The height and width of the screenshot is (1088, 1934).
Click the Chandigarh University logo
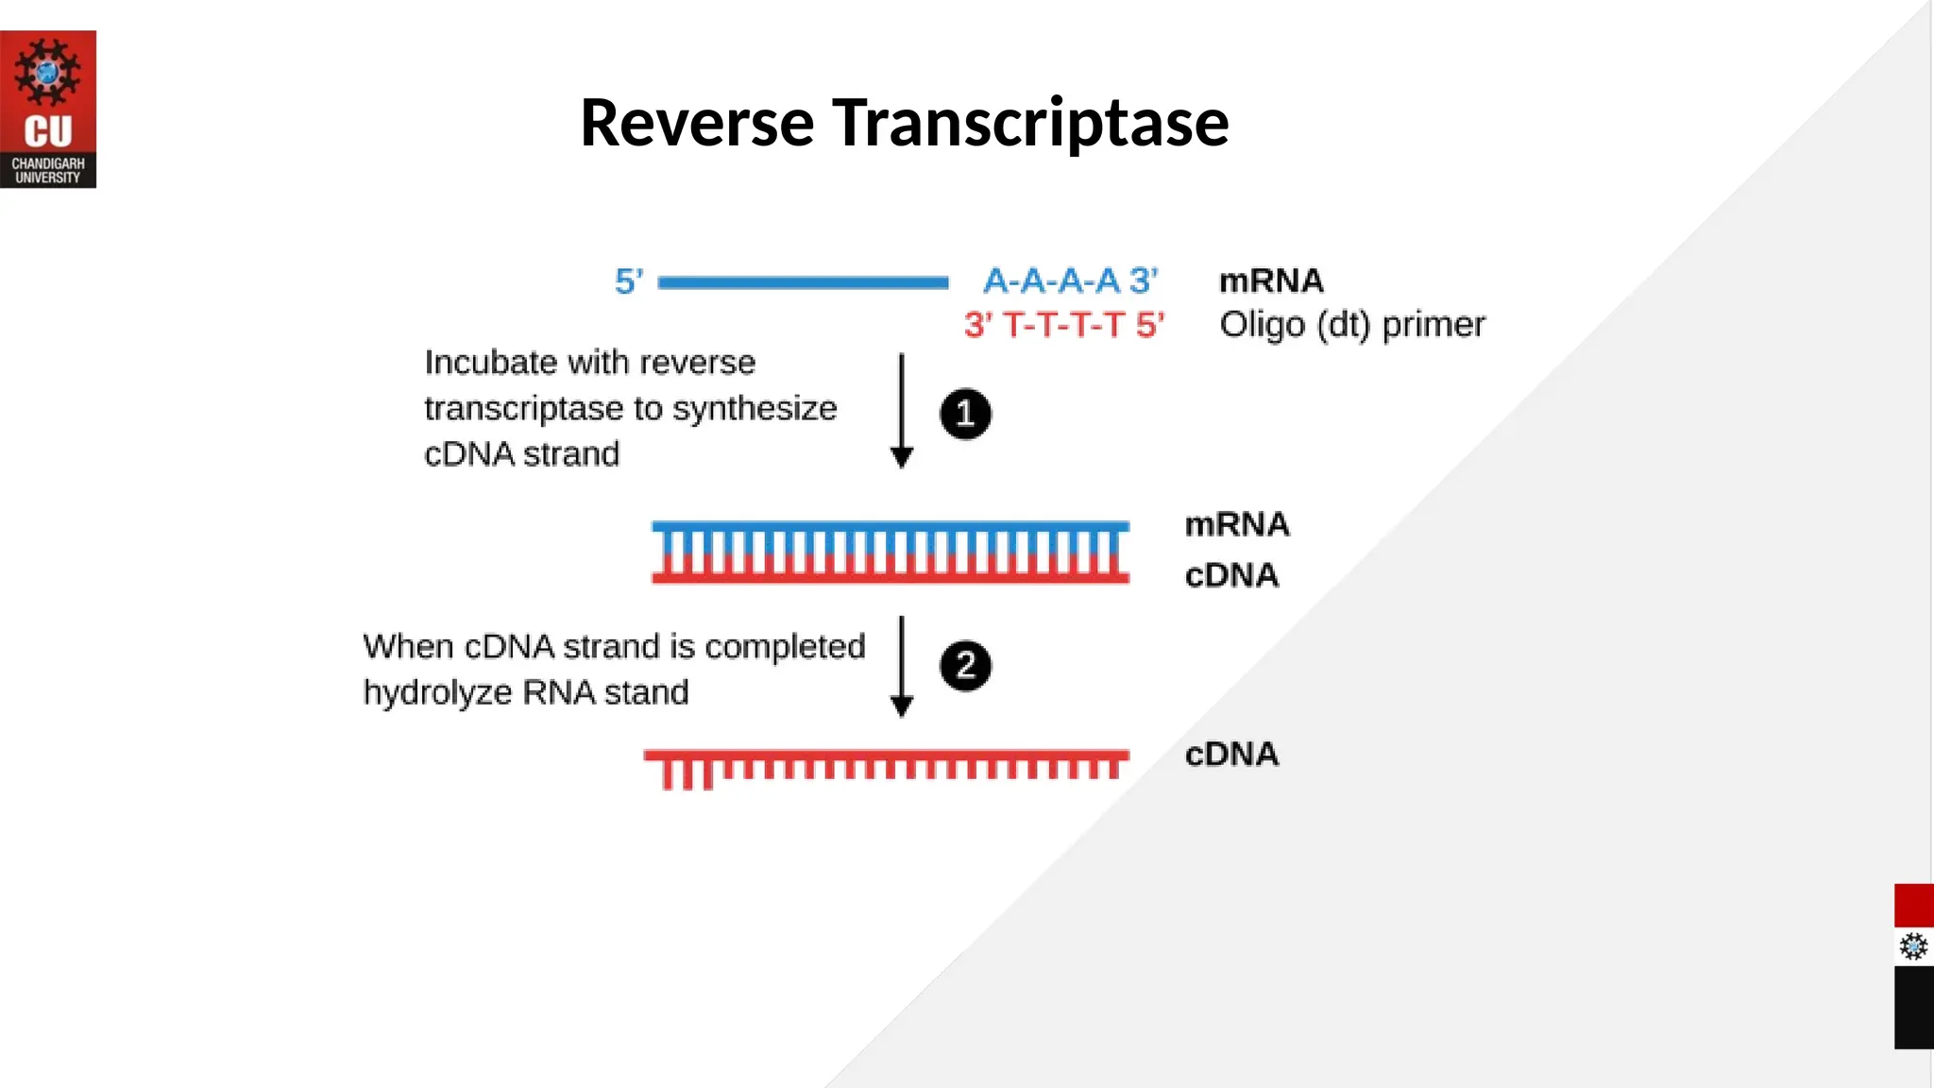tap(48, 109)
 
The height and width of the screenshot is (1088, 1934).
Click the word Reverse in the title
tap(696, 123)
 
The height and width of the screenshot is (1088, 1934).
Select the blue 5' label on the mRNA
tap(629, 280)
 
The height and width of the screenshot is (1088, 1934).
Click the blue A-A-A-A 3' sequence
tap(1070, 280)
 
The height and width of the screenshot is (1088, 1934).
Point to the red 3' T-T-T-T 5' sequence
tap(1064, 325)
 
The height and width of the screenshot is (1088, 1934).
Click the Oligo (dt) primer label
tap(1351, 325)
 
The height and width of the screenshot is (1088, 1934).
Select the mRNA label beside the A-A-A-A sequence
tap(1271, 280)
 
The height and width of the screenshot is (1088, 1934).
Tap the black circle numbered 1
tap(965, 414)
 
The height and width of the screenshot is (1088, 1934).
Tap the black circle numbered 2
tap(965, 666)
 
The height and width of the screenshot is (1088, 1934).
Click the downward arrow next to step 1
tap(902, 411)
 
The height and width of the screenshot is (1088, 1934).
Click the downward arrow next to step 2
tap(902, 666)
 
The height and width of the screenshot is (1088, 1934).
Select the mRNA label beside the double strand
tap(1236, 524)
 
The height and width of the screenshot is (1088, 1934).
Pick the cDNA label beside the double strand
tap(1231, 575)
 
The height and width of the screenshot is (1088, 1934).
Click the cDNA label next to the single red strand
tap(1231, 754)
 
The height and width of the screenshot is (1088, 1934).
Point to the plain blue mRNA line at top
tap(803, 281)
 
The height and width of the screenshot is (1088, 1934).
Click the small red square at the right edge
tap(1913, 905)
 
